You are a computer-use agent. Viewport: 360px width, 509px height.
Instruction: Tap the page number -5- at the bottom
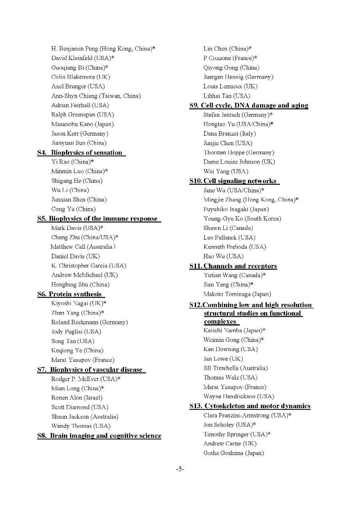click(180, 469)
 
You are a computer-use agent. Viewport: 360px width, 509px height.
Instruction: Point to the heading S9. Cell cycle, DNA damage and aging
click(249, 106)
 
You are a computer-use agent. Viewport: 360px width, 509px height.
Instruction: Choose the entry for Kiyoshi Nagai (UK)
click(78, 303)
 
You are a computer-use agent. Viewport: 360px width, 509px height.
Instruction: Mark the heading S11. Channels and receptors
click(233, 266)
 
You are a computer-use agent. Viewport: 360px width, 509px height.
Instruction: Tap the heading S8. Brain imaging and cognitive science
click(99, 436)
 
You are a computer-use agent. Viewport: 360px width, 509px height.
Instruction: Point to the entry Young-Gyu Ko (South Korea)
click(242, 219)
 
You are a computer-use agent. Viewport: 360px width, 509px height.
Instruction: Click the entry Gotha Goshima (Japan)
click(234, 453)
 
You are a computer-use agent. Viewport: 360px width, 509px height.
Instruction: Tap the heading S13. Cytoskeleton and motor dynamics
click(250, 406)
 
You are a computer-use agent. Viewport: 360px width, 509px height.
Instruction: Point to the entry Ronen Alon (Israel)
click(77, 398)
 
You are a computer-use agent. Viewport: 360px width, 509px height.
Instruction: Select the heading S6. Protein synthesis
click(70, 294)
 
